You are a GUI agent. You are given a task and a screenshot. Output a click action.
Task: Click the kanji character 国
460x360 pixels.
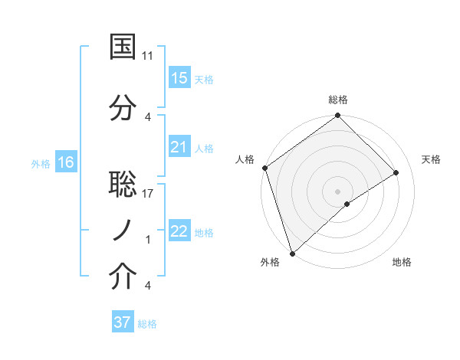[123, 47]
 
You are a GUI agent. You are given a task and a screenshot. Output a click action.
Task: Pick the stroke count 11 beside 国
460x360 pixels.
[148, 56]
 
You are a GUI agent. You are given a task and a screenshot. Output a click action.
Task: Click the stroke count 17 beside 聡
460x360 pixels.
[148, 193]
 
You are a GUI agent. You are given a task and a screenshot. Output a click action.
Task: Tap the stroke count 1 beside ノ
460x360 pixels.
[148, 240]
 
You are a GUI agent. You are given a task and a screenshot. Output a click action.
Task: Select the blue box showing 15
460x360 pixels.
[179, 78]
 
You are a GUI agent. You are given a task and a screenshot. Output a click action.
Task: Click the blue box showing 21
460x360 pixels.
[179, 147]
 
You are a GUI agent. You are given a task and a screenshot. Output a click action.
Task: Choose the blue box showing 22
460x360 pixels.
[179, 231]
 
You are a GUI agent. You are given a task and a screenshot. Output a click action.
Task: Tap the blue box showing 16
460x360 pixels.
[66, 162]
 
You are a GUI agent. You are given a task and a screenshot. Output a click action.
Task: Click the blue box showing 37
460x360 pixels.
[123, 322]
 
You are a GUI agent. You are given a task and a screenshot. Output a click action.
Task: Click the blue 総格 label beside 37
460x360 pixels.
[148, 324]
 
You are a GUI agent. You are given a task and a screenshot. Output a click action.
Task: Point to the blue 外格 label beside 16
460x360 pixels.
[41, 163]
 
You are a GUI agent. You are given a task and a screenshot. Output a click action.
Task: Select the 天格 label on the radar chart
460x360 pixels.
[432, 159]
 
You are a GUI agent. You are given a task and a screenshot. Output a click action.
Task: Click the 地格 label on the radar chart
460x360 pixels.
[402, 263]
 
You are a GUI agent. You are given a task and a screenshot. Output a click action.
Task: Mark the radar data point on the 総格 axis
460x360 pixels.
[337, 116]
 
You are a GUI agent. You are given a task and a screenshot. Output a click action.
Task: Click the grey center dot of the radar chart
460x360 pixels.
[337, 191]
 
